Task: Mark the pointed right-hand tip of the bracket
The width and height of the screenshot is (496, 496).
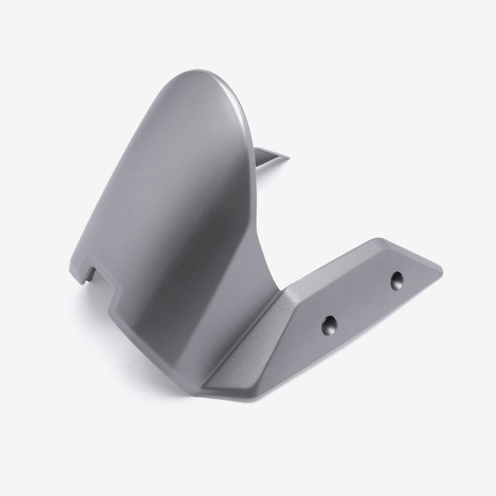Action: (441, 272)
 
